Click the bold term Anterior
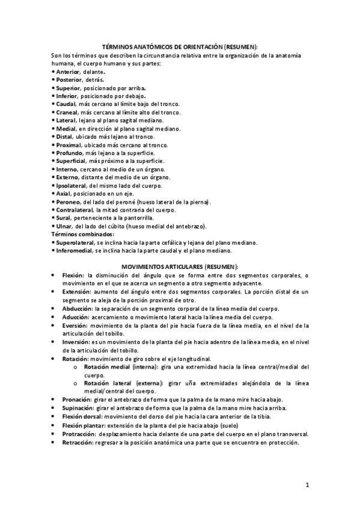click(67, 72)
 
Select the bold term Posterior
click(69, 79)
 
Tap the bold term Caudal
click(66, 103)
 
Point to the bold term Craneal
click(67, 112)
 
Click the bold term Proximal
click(69, 145)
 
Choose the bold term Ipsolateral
click(71, 186)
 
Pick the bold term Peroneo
click(68, 202)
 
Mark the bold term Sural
click(64, 218)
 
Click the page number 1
click(307, 484)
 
